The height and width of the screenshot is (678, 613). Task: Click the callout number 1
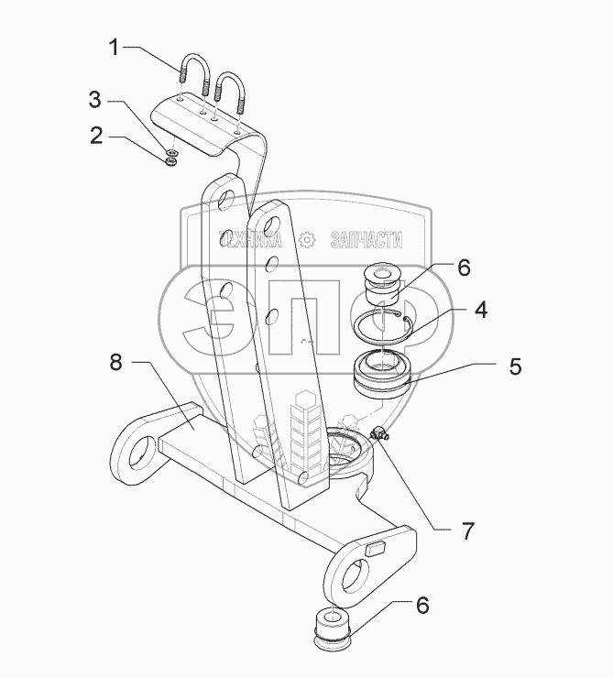114,48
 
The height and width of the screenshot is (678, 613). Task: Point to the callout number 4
480,311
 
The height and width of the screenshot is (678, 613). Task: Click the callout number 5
515,366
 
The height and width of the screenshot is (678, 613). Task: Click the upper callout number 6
464,268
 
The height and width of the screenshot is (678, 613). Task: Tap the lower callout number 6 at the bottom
423,606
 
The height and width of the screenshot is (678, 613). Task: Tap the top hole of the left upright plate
229,194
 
